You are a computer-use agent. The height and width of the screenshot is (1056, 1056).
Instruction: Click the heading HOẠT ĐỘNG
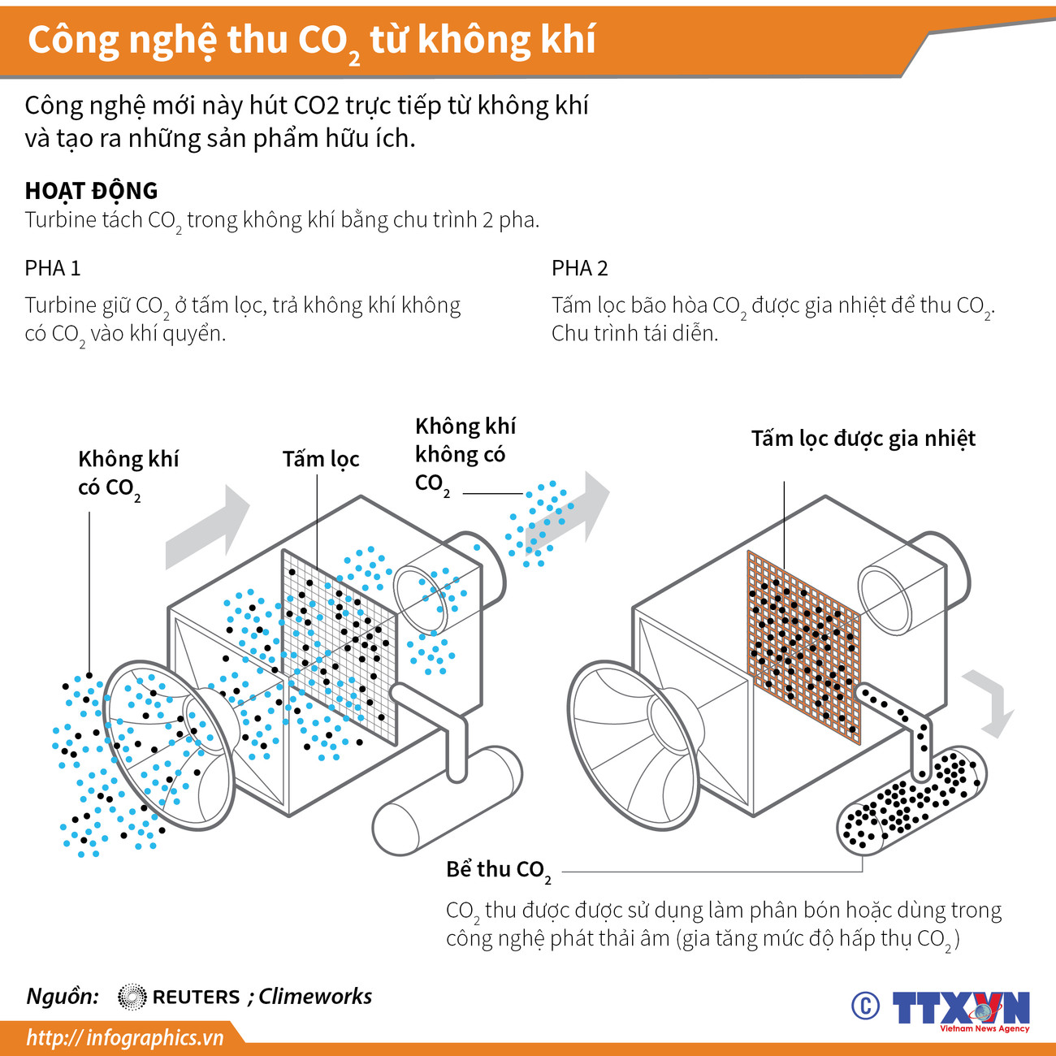click(91, 191)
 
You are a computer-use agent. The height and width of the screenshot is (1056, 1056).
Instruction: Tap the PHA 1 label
click(53, 268)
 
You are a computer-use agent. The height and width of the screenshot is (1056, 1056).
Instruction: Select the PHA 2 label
click(579, 268)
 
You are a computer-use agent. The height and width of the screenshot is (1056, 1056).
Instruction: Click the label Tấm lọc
click(320, 460)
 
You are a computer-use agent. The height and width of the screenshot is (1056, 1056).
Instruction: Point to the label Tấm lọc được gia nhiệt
click(863, 439)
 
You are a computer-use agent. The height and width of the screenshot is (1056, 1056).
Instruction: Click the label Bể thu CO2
click(498, 870)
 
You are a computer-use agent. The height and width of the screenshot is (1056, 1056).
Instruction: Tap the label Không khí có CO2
click(128, 473)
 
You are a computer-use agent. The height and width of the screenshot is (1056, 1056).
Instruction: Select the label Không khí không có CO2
click(465, 455)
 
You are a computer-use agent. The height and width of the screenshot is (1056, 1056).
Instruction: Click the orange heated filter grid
click(803, 646)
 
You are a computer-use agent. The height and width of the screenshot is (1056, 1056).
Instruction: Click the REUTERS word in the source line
click(196, 997)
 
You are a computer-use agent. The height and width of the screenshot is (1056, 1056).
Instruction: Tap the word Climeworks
click(315, 997)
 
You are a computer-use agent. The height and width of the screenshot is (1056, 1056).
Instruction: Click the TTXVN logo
click(961, 1008)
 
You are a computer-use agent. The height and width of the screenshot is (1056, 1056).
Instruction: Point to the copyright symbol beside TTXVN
click(865, 1006)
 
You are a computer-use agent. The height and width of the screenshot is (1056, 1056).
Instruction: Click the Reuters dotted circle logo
click(132, 997)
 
